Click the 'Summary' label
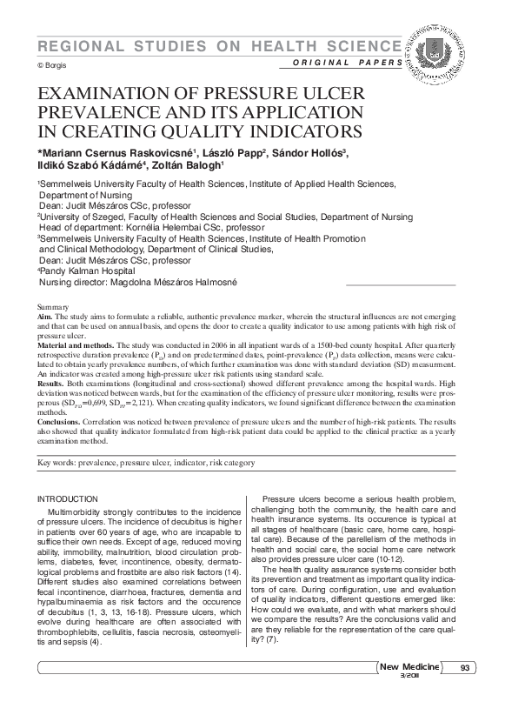point(54,308)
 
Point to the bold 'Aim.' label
point(47,317)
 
